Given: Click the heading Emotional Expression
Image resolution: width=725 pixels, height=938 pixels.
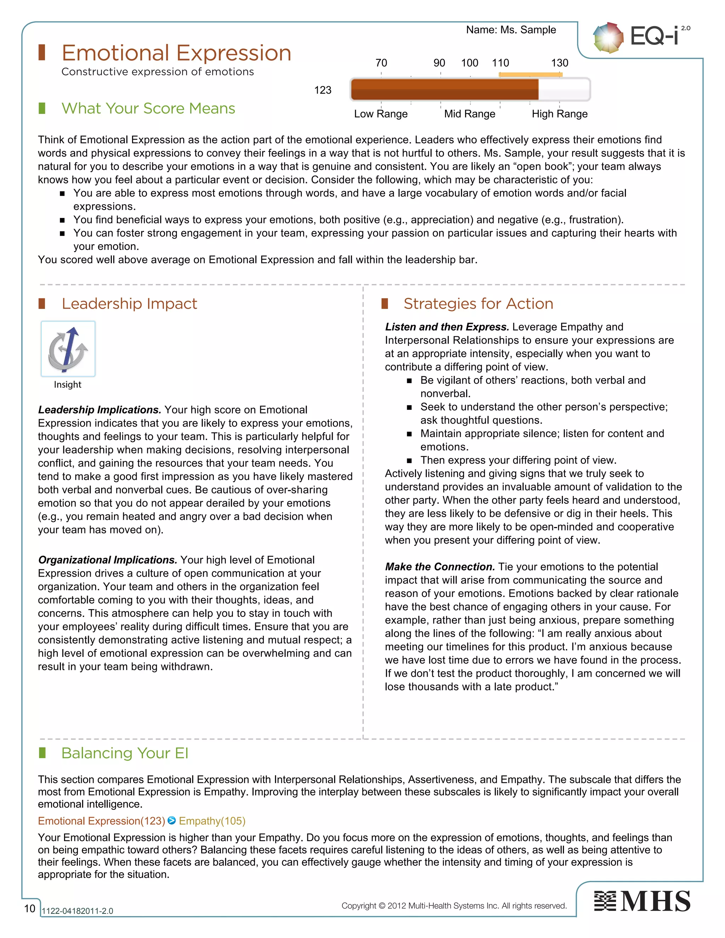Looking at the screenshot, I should [x=176, y=53].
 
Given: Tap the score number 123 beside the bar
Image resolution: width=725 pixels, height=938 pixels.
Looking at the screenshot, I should [x=322, y=90].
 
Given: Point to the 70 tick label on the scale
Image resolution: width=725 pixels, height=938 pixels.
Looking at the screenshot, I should [x=381, y=63].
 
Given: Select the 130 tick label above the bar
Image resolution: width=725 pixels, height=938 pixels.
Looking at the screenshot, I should [x=559, y=63].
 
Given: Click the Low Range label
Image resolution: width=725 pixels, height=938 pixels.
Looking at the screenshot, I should [x=381, y=114].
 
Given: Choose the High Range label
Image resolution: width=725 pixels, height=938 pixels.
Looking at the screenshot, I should [x=559, y=114].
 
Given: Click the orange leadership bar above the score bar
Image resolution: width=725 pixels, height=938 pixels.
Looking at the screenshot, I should [x=530, y=75].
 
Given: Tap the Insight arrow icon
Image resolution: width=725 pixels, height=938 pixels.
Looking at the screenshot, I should [x=68, y=349].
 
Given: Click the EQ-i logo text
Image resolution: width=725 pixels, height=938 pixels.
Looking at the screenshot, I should [x=655, y=36].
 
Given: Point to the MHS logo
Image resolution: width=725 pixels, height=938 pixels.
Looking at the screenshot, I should [x=642, y=901].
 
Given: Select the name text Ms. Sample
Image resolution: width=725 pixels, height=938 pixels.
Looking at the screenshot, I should [x=528, y=30].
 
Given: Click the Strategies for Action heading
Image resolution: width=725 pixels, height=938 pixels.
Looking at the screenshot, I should [x=478, y=304].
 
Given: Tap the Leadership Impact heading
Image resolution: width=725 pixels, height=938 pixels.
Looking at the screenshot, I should [x=129, y=304].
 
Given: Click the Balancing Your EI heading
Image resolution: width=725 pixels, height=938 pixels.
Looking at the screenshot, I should [x=125, y=753].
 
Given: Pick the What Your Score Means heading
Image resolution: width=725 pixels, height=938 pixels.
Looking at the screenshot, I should [x=148, y=108].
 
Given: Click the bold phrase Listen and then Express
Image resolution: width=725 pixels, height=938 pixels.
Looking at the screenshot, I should [x=447, y=327].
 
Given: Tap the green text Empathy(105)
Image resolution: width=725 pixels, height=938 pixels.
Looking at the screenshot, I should [x=212, y=821].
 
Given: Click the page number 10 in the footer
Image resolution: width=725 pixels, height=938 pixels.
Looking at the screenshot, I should [x=30, y=908].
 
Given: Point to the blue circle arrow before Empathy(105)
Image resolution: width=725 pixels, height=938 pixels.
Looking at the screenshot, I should [x=172, y=820].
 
